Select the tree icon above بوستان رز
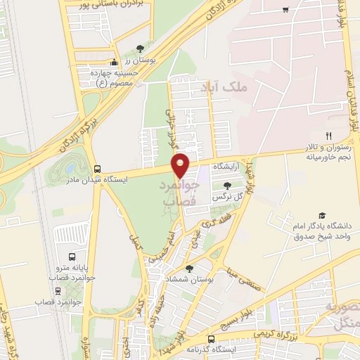coord(141,49)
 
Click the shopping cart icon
coord(285,9)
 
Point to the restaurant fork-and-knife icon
coord(328,135)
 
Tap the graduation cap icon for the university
coord(322,215)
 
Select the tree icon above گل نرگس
coord(227,186)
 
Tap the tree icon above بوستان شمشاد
coord(189,268)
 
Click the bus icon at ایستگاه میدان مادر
coord(97,169)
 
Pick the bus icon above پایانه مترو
coord(71,257)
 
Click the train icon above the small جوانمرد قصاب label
coord(58,290)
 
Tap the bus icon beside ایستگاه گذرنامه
coord(210,340)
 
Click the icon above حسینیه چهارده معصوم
coord(114,62)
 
